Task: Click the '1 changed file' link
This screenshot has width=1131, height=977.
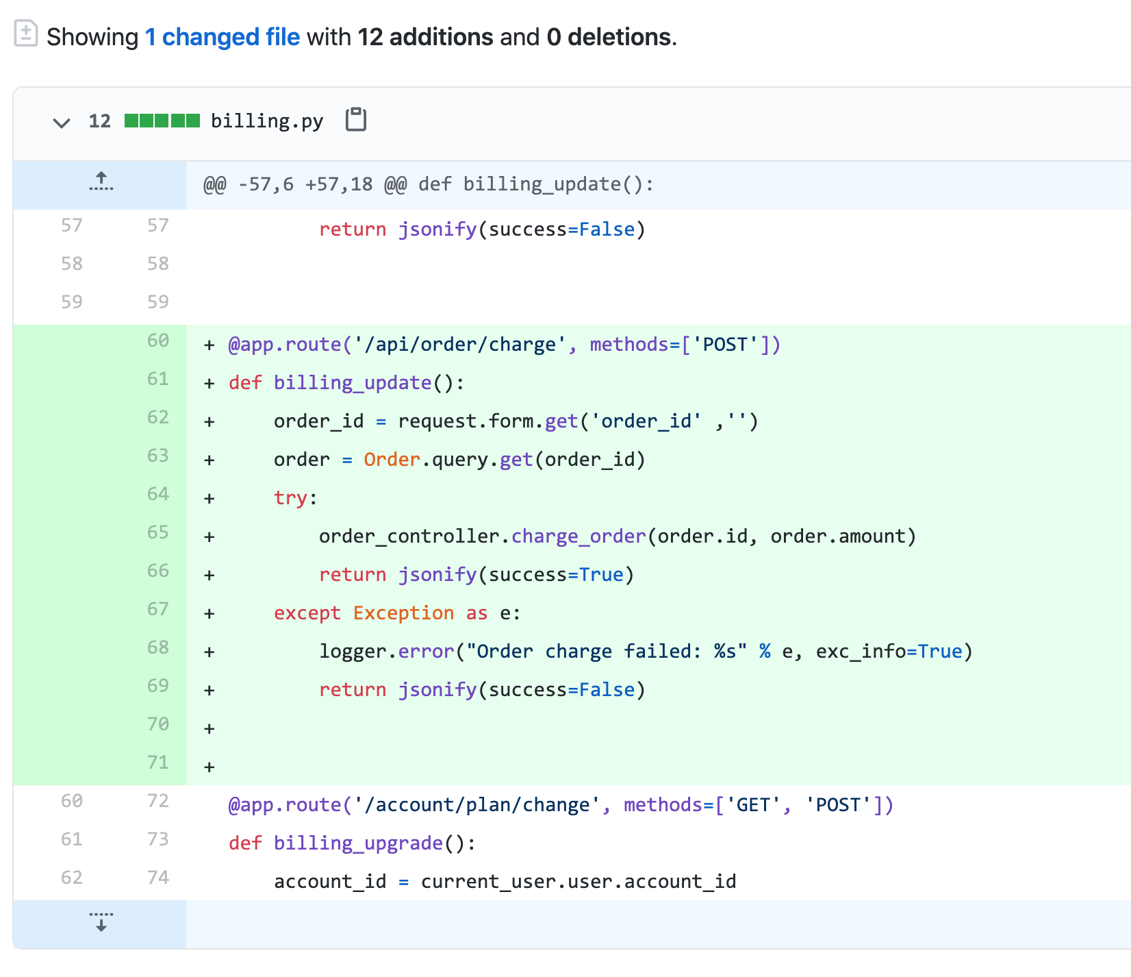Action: (x=223, y=37)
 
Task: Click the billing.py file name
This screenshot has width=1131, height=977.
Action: (x=266, y=121)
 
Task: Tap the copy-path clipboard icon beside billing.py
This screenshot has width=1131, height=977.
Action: (x=356, y=120)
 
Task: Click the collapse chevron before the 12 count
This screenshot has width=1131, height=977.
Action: (x=62, y=123)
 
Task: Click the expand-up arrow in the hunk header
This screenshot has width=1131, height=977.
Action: (x=101, y=182)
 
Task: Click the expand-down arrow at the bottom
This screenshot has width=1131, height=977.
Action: (x=101, y=922)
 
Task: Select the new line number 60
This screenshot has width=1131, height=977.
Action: (x=157, y=341)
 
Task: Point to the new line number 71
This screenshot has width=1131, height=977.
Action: (x=157, y=763)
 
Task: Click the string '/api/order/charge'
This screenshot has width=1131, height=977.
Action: (x=459, y=344)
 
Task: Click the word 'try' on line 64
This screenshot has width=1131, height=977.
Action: (x=290, y=497)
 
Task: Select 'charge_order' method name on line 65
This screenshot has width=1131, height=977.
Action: (x=579, y=536)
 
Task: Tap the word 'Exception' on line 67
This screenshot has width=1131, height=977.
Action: (x=403, y=613)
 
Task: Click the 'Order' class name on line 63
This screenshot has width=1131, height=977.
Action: (x=392, y=459)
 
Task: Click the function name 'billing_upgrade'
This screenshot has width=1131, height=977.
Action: (x=358, y=843)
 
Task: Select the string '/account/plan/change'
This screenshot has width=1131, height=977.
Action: (x=477, y=804)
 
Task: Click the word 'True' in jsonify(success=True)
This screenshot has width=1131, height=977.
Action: (x=601, y=574)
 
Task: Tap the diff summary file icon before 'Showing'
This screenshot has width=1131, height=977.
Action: (x=26, y=34)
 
